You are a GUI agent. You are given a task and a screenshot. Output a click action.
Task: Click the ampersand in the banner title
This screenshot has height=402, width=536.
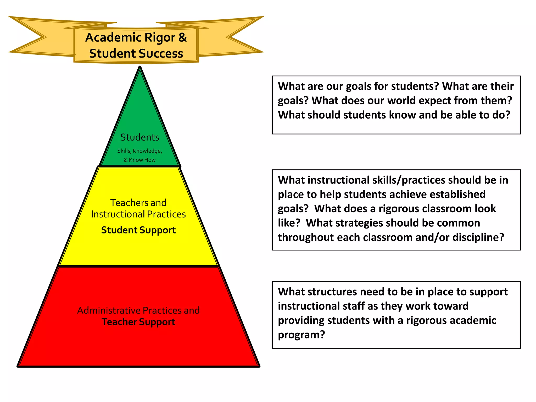pos(183,37)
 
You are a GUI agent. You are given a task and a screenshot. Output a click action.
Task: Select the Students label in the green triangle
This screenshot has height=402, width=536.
pos(140,137)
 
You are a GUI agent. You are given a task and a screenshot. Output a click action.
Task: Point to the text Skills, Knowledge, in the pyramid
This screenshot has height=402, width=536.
pos(139,151)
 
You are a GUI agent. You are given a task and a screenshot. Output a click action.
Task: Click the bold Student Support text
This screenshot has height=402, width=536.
pos(138,230)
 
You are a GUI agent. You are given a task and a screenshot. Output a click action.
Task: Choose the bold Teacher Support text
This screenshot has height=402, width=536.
pos(138,322)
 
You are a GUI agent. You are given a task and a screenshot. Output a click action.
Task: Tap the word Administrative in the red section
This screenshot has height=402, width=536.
pos(109,310)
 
